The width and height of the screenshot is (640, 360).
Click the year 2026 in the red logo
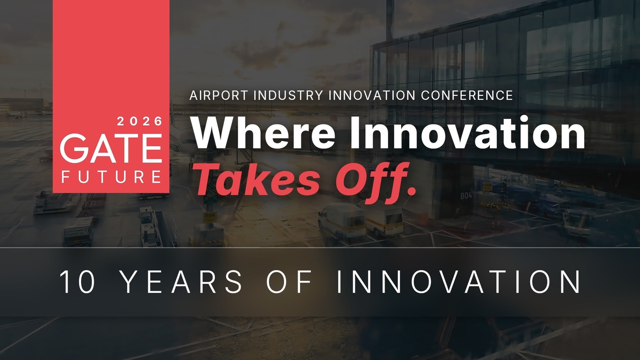click(140, 121)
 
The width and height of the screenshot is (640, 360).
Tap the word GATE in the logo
click(111, 149)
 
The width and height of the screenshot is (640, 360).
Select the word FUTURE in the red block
click(112, 176)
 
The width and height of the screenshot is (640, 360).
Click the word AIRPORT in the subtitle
click(219, 95)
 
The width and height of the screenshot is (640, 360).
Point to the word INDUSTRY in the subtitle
click(288, 95)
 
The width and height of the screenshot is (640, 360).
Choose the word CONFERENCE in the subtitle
click(467, 95)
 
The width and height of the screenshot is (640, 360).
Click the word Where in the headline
click(264, 133)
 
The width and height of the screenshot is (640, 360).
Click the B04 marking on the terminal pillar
click(466, 196)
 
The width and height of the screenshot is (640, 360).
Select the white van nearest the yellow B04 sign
click(342, 220)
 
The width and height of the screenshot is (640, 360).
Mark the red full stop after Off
click(411, 192)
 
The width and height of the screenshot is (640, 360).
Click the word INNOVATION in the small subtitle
click(372, 95)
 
